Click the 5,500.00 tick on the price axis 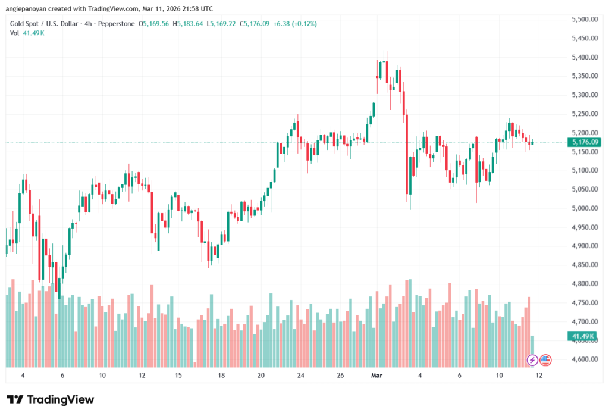[x=584, y=20]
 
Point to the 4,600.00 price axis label [x=584, y=359]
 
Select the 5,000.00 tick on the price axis [x=584, y=208]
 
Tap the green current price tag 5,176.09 [x=584, y=142]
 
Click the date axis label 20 [x=261, y=376]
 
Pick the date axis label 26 [x=341, y=376]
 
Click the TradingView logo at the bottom [x=50, y=399]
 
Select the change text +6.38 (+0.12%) [x=296, y=24]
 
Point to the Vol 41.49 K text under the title [x=27, y=33]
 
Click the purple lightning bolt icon [x=533, y=360]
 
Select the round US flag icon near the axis [x=545, y=360]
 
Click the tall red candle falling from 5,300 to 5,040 [x=407, y=155]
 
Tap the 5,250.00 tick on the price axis [x=584, y=114]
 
